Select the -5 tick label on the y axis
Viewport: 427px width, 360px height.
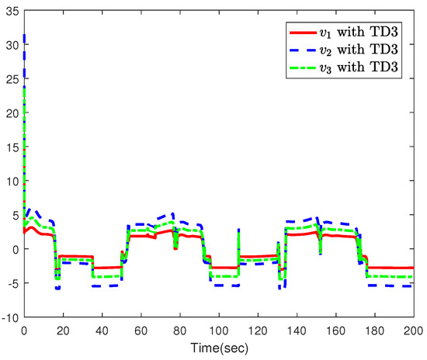(13, 283)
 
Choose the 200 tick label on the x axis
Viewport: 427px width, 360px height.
(414, 329)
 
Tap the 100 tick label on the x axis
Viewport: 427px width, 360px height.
(219, 329)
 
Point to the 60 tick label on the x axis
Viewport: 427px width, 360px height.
(141, 329)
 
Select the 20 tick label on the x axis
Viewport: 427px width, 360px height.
(64, 329)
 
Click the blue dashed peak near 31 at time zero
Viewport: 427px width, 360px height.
(26, 35)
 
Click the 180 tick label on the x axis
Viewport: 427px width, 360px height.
(375, 329)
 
